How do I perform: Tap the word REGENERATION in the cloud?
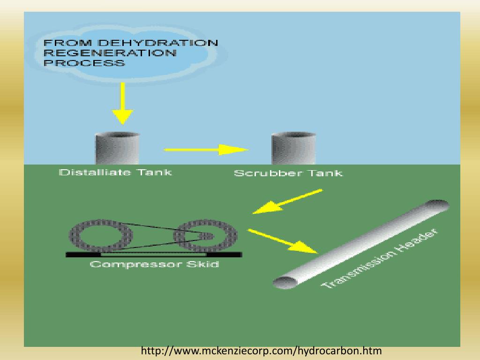tap(110, 53)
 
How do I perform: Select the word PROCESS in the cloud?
tap(84, 63)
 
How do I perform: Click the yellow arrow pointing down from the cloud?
tap(122, 104)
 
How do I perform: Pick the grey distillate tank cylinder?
tap(117, 148)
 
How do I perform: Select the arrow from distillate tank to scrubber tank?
tap(206, 150)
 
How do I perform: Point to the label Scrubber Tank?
tap(288, 173)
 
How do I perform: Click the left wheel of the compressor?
tap(101, 234)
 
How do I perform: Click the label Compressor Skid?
tap(154, 264)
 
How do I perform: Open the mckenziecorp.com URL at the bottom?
tap(261, 351)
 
